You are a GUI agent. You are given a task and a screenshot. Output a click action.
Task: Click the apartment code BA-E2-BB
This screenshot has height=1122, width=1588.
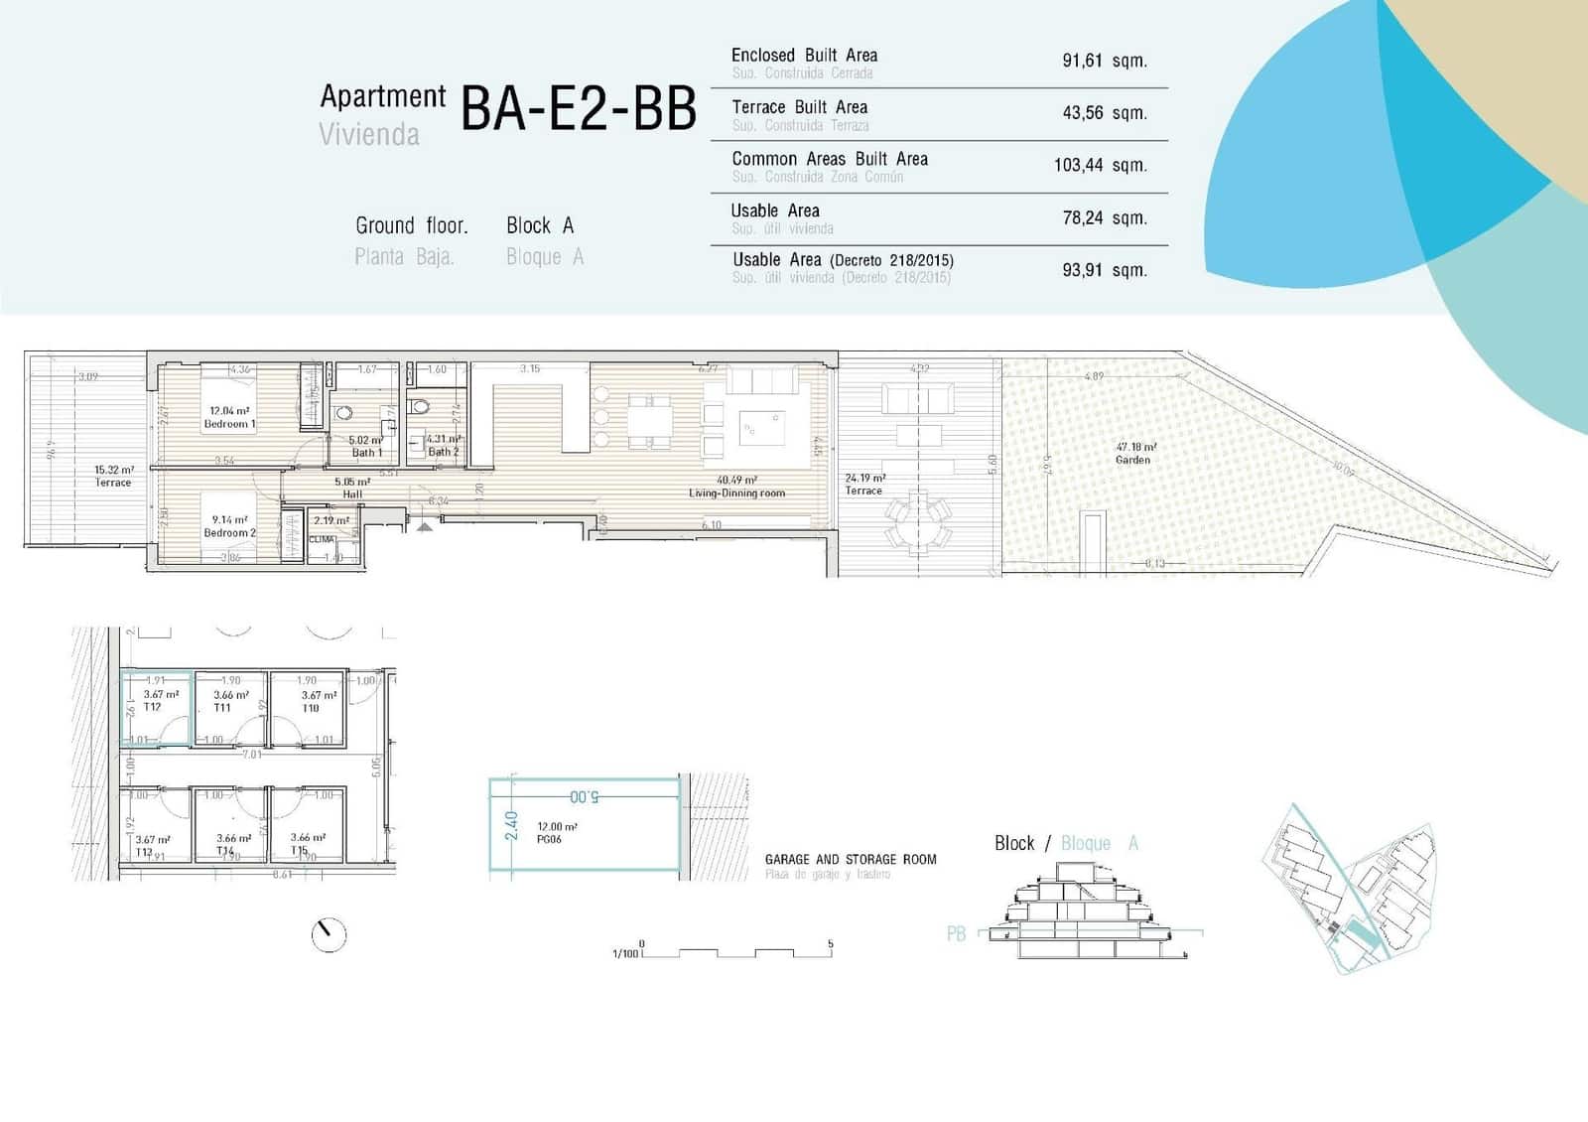(x=578, y=109)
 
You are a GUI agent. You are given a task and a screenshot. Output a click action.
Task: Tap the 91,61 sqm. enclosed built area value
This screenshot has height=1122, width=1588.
(x=1104, y=61)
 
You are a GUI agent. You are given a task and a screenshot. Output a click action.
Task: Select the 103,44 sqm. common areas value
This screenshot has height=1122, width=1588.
(x=1100, y=165)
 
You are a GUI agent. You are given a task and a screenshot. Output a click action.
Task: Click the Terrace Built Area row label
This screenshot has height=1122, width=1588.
(x=799, y=107)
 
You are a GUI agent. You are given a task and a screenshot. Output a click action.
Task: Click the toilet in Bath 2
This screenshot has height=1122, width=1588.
(x=419, y=405)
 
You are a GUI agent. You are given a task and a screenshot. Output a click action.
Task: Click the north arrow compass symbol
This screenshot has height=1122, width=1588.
(x=329, y=934)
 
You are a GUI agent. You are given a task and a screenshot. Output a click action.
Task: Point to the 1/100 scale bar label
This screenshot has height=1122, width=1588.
(x=625, y=954)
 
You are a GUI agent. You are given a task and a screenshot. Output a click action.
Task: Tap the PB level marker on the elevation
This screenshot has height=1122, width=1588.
(x=956, y=933)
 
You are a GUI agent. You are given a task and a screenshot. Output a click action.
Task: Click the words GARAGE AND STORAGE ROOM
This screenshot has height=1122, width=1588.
(x=851, y=860)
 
